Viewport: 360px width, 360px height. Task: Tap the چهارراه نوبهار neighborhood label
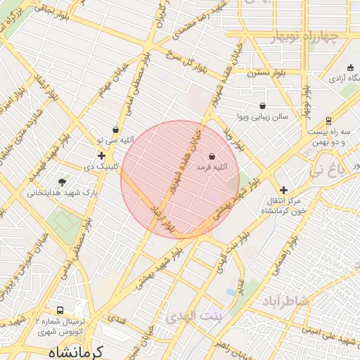click(x=303, y=37)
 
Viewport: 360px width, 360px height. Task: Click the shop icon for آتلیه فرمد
click(x=212, y=155)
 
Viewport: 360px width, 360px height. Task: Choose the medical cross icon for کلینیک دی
click(x=101, y=155)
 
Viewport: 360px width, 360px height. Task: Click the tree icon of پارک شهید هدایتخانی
click(x=63, y=181)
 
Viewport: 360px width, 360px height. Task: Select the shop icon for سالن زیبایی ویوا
click(x=262, y=105)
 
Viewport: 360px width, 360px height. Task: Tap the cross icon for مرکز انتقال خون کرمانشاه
click(x=283, y=190)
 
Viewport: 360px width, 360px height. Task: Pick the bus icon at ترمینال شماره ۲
click(x=60, y=310)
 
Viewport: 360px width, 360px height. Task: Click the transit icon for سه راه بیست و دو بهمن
click(x=328, y=122)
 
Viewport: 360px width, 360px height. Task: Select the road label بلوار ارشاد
click(x=160, y=217)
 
